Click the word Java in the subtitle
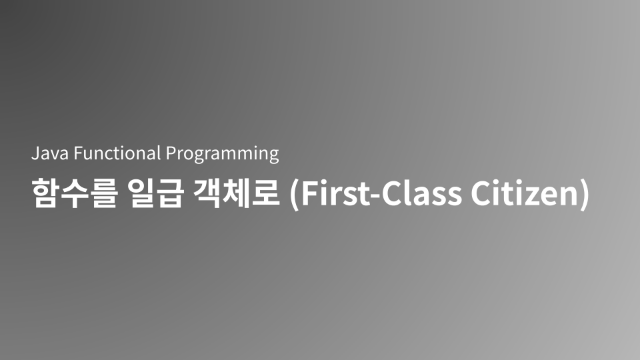[x=50, y=154]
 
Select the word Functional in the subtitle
[x=117, y=154]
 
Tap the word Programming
[x=222, y=155]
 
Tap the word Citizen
[x=522, y=194]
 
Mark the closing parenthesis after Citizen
[x=584, y=195]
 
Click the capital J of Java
[x=35, y=154]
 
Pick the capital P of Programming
[x=171, y=154]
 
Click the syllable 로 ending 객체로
[x=266, y=194]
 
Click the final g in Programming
[x=273, y=157]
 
